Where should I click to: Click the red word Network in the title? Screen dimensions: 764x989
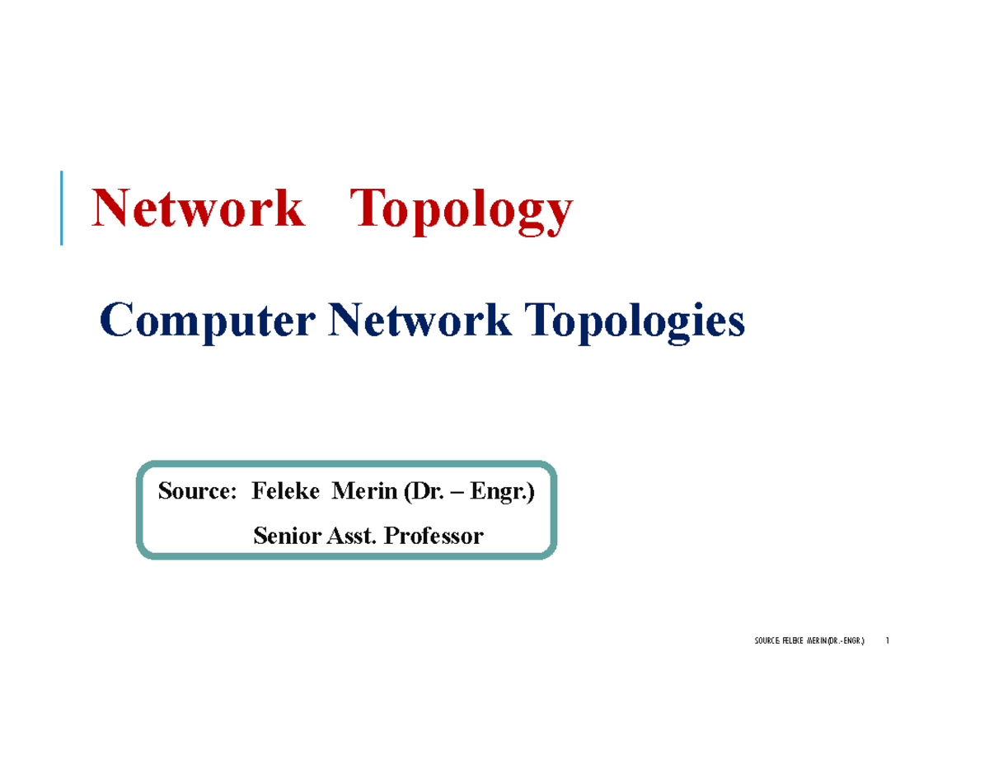197,209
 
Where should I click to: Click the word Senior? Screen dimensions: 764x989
284,537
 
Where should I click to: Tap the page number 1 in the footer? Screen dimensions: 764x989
888,641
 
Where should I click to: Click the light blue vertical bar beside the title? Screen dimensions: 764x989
62,208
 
